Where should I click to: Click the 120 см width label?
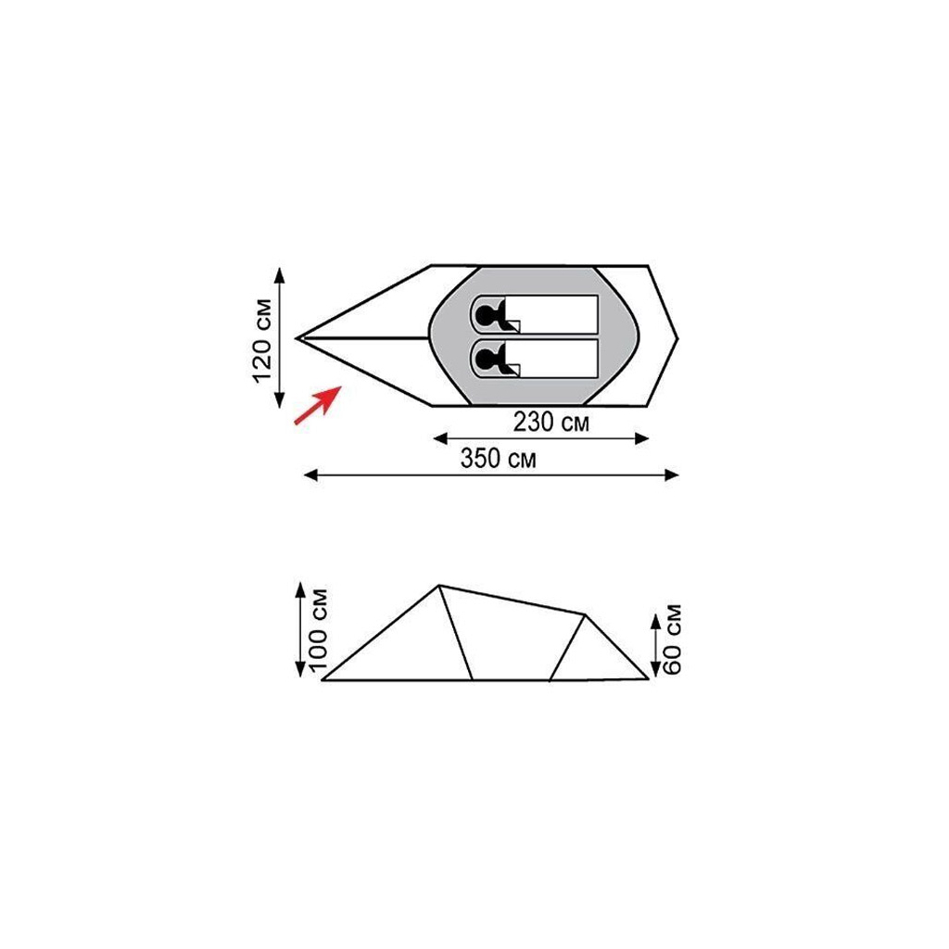point(262,341)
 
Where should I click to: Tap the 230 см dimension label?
point(550,422)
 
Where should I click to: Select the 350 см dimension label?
point(498,458)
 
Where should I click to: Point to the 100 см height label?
point(319,629)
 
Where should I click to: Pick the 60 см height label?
point(672,639)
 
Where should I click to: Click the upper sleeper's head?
point(486,315)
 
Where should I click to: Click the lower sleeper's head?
point(486,360)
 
